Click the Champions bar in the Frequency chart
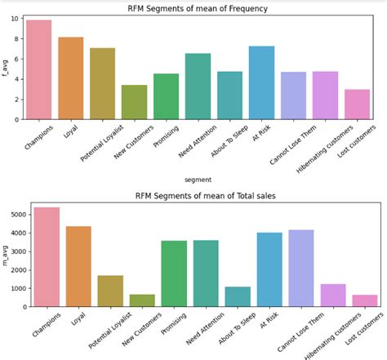38,70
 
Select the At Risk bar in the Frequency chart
261,83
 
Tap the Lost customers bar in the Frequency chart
357,104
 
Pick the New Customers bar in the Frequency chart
134,102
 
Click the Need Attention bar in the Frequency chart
198,87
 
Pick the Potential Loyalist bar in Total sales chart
102,291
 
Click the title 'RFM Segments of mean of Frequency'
198,8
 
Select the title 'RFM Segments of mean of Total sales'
198,196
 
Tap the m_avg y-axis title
7,255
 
